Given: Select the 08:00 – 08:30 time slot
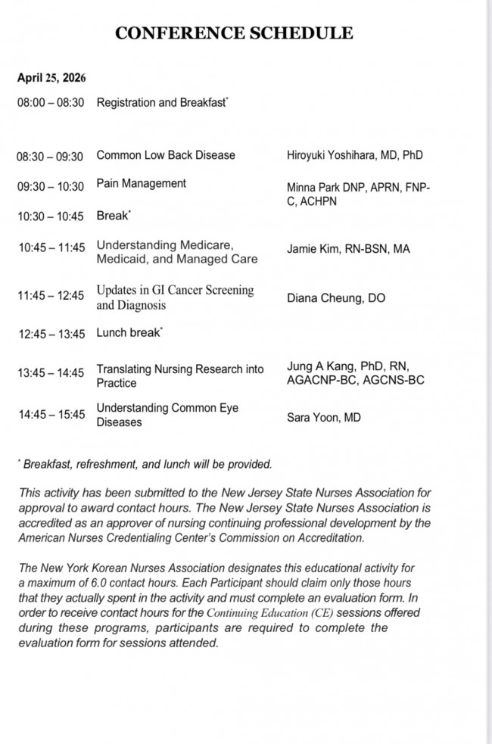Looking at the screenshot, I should click(x=51, y=102).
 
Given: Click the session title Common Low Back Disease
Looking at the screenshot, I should click(x=166, y=155).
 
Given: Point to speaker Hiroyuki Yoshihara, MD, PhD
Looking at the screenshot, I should click(x=354, y=155).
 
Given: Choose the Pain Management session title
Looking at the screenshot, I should click(x=142, y=183).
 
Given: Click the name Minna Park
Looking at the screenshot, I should click(x=313, y=187).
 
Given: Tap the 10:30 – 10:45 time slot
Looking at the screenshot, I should click(x=51, y=216).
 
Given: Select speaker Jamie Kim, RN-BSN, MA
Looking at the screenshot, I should click(x=348, y=248).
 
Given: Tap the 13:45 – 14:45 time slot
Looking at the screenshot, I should click(x=51, y=372).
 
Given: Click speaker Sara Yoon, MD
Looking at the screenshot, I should click(x=323, y=416).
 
